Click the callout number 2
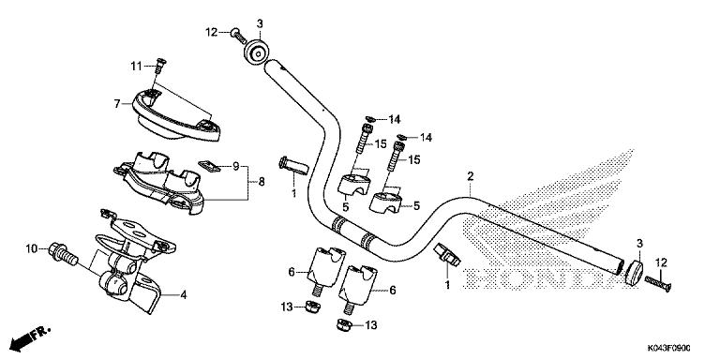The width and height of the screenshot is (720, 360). [470, 176]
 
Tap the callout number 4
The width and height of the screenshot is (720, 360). [184, 295]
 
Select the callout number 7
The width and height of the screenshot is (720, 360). [118, 103]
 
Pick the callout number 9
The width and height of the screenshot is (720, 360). [236, 166]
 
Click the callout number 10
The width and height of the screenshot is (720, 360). [31, 248]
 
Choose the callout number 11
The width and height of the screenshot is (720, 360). [134, 65]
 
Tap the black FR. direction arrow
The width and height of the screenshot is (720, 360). [25, 337]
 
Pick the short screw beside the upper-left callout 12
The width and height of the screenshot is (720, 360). [235, 34]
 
